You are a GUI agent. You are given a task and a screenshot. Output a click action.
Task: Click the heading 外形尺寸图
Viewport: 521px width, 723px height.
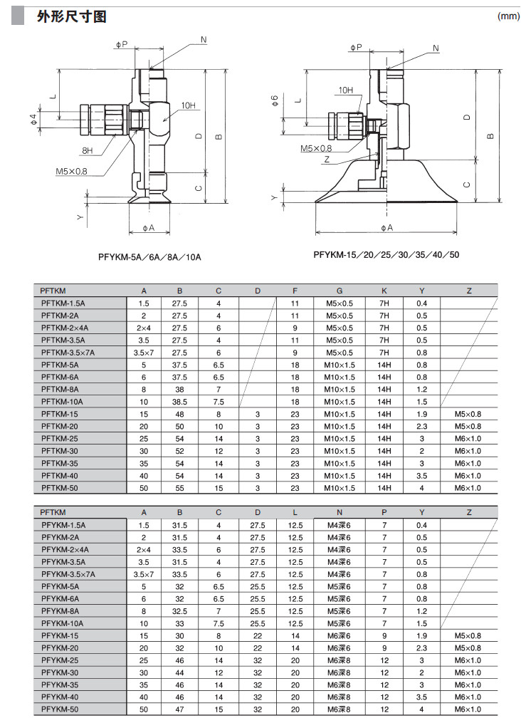(x=71, y=16)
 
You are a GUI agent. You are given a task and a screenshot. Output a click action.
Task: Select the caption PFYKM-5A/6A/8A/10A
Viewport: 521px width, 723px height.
(x=150, y=256)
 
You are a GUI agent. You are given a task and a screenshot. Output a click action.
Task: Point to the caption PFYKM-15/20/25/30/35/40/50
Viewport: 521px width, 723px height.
(x=386, y=254)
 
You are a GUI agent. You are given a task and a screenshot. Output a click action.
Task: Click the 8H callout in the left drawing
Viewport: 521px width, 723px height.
(x=88, y=151)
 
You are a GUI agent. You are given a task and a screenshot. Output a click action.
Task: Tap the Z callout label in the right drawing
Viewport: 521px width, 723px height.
(x=327, y=160)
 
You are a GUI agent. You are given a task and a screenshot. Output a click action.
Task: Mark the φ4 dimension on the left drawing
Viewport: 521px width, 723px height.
(x=33, y=119)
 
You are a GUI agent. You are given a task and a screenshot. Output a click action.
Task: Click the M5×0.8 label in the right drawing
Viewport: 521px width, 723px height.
(x=316, y=148)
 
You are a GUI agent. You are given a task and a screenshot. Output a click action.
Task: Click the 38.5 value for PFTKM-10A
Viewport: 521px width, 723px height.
(x=180, y=402)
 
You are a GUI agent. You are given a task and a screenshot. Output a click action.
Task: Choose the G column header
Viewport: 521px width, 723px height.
(x=340, y=291)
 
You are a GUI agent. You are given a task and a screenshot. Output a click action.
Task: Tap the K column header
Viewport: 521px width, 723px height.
(x=384, y=291)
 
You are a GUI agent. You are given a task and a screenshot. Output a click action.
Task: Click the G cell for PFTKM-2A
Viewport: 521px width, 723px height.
(x=340, y=316)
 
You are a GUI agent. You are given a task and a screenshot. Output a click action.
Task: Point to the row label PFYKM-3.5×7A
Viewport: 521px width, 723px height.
(x=68, y=574)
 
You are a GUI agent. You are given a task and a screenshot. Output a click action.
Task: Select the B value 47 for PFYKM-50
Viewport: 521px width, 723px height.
(x=180, y=709)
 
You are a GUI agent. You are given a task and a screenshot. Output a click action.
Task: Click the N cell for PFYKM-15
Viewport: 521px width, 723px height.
(x=340, y=635)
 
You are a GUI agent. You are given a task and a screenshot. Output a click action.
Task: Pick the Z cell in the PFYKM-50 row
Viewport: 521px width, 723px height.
(x=468, y=709)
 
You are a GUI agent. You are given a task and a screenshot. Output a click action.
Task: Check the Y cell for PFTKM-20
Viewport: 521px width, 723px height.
(x=422, y=426)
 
